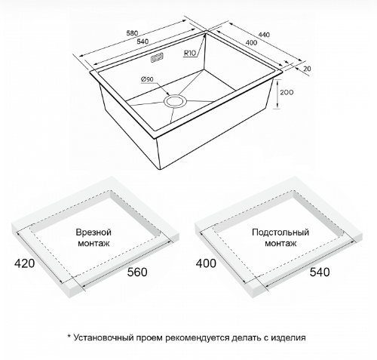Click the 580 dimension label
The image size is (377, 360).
pyautogui.click(x=132, y=33)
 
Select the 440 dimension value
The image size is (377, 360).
pyautogui.click(x=264, y=34)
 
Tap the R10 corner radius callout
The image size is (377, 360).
pyautogui.click(x=190, y=53)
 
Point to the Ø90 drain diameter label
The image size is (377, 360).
pyautogui.click(x=147, y=79)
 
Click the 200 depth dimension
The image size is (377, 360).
pyautogui.click(x=287, y=92)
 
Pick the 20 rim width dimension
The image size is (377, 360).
pyautogui.click(x=307, y=69)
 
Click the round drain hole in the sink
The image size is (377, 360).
pyautogui.click(x=175, y=101)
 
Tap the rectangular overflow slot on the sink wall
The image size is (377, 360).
pyautogui.click(x=157, y=58)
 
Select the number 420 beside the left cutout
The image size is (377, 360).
pyautogui.click(x=24, y=263)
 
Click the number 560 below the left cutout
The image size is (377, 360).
pyautogui.click(x=137, y=272)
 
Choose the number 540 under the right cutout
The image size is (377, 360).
pyautogui.click(x=320, y=272)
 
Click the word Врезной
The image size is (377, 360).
pyautogui.click(x=93, y=232)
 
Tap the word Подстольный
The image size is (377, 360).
pyautogui.click(x=280, y=232)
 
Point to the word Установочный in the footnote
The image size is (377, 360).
pyautogui.click(x=103, y=337)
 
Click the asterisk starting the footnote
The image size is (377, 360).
pyautogui.click(x=69, y=336)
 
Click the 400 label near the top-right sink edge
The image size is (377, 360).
pyautogui.click(x=251, y=42)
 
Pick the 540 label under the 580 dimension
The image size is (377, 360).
pyautogui.click(x=143, y=42)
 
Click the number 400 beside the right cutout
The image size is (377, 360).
pyautogui.click(x=206, y=263)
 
